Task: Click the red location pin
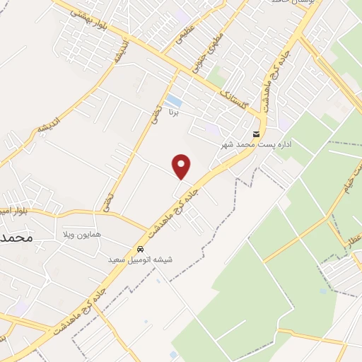[x=182, y=165]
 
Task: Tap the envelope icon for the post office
[x=256, y=134]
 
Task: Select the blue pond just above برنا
[x=173, y=100]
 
